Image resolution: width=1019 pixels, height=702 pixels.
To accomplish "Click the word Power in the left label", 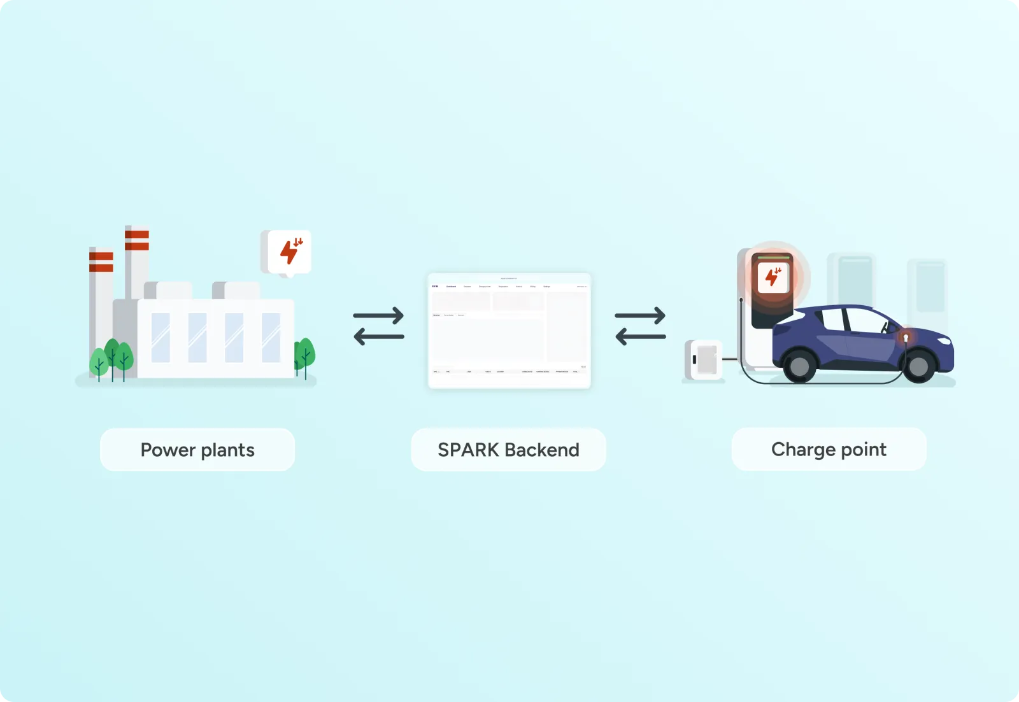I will click(167, 450).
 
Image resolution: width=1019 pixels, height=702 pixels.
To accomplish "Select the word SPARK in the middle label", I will click(468, 450).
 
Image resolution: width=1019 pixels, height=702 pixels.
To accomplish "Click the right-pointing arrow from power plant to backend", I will click(378, 315).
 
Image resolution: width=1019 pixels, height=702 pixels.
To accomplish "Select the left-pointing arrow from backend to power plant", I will click(378, 336).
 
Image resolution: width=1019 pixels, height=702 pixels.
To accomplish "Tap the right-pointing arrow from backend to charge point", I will click(640, 315).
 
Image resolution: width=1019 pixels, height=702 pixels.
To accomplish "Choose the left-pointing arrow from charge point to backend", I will click(640, 336).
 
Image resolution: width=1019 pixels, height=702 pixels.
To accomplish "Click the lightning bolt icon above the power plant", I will click(290, 252).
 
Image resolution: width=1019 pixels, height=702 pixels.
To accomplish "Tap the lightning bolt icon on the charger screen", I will click(773, 277).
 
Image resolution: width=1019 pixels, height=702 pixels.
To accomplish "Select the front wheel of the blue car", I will click(918, 366).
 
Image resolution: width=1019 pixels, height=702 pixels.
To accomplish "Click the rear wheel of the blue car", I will click(799, 366).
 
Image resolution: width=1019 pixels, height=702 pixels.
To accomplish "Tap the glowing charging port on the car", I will click(906, 337).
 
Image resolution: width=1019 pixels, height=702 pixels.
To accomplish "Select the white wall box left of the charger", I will click(704, 360).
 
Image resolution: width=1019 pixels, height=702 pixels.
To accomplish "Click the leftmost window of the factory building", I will click(160, 338).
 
